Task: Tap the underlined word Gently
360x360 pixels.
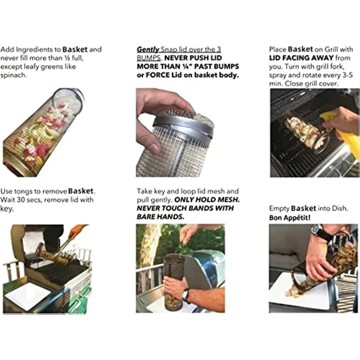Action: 148,49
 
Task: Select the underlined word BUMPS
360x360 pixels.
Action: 149,58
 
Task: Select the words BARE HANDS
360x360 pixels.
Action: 160,217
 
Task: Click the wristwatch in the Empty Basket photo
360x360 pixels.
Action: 319,232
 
